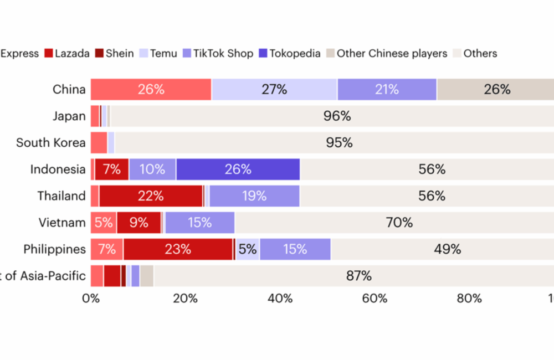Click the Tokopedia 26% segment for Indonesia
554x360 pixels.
(238, 169)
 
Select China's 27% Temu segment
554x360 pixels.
(274, 90)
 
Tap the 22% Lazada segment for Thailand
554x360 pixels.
(151, 196)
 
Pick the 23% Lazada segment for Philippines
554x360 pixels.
(178, 249)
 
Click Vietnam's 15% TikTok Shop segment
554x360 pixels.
(199, 223)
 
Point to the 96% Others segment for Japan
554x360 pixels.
(337, 116)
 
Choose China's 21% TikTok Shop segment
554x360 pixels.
(387, 90)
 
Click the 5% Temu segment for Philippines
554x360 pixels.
(248, 249)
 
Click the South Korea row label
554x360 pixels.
(51, 143)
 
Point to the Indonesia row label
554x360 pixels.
(58, 169)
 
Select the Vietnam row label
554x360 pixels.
(62, 223)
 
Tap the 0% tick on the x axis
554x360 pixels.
(91, 299)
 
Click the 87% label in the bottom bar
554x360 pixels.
(358, 276)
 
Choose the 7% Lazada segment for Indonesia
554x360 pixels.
(111, 169)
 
